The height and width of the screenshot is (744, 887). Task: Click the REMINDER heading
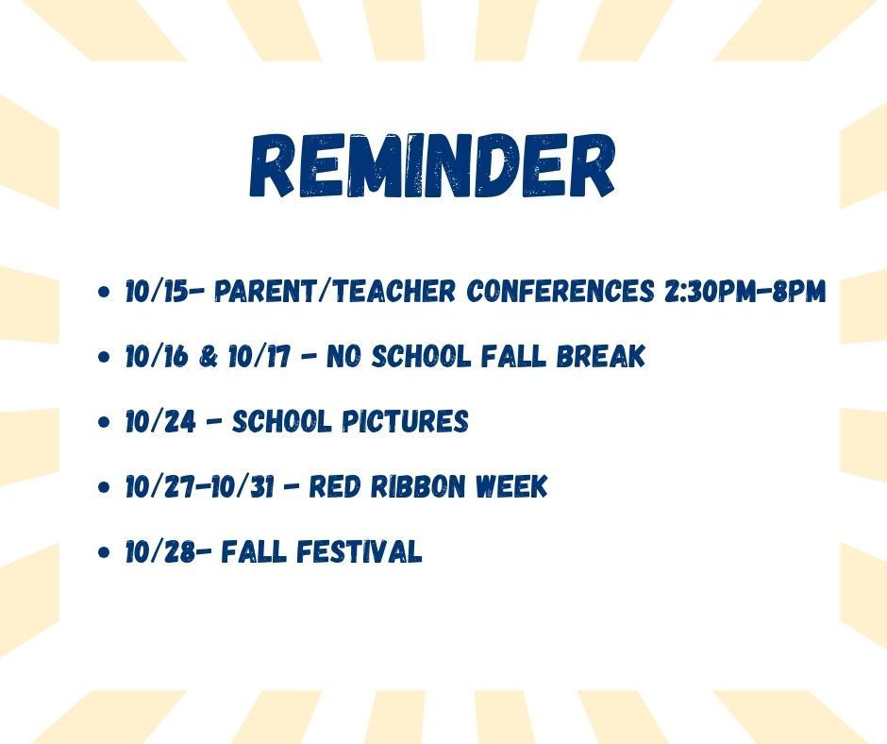pos(431,166)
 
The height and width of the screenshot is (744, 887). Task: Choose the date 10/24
pos(159,421)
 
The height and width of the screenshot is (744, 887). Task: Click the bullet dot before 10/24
pos(103,423)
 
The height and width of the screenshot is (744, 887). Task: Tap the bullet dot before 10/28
pos(103,554)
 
